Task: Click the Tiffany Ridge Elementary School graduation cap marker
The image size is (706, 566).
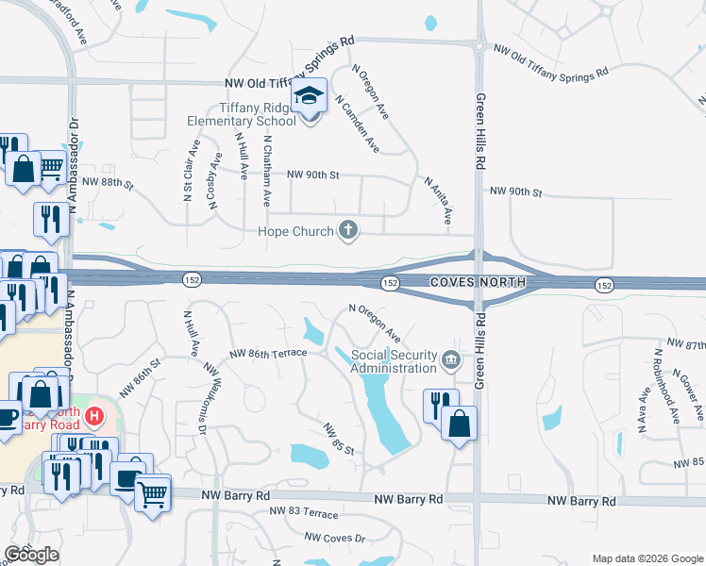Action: point(309,97)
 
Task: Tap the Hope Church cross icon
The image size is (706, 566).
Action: point(349,229)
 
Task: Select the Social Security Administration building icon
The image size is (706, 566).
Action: point(451,359)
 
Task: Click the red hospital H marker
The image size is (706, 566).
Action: point(94,415)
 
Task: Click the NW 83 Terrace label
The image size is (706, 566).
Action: point(303,511)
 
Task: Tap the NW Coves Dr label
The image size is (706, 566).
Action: point(334,537)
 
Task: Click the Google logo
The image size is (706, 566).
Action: point(31,555)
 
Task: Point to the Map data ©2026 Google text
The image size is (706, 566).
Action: point(647,558)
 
